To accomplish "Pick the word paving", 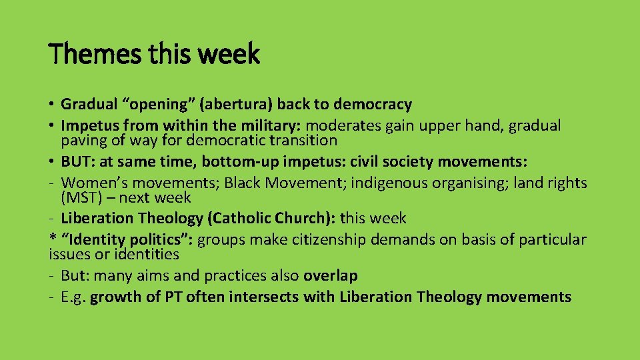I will (x=82, y=141).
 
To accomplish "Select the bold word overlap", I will (x=331, y=276).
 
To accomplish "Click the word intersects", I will (x=261, y=297).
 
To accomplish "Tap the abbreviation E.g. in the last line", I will (x=73, y=297).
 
